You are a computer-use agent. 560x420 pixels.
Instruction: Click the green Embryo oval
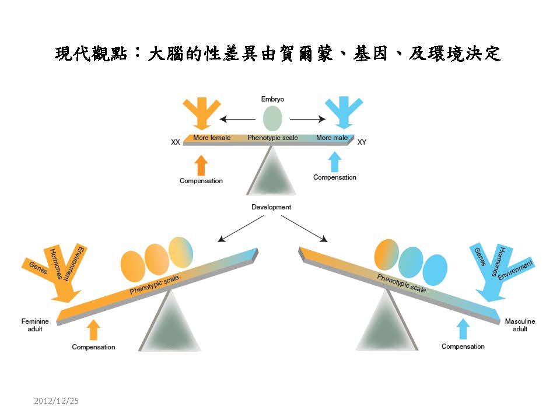coord(272,118)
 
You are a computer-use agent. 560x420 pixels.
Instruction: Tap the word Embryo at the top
coord(272,99)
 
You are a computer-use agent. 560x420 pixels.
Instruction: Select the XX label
coord(175,142)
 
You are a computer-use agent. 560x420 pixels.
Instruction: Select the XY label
coord(362,142)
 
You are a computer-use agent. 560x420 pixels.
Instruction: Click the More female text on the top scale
coord(212,138)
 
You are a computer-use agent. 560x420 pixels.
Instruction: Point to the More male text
coord(331,138)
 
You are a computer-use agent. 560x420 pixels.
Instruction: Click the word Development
coord(271,207)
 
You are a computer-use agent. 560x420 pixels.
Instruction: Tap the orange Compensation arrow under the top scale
coord(201,165)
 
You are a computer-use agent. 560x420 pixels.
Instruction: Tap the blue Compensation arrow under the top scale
coord(334,162)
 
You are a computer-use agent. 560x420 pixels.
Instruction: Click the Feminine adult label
coord(35,325)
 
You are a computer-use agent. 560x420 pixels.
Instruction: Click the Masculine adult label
coord(520,325)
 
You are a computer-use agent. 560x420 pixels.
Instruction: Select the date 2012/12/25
coord(56,401)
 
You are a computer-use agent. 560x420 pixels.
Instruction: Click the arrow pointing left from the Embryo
coord(237,120)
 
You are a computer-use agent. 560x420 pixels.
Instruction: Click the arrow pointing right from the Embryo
coord(308,120)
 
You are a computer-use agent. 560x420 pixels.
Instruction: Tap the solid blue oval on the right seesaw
coord(435,269)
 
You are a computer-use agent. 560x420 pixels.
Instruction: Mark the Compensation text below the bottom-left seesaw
coord(93,347)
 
